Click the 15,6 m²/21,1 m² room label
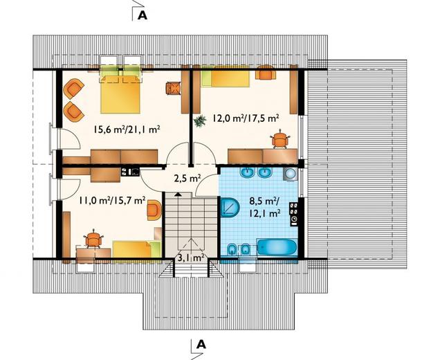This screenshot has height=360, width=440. click(127, 129)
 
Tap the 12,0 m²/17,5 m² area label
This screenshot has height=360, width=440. click(246, 118)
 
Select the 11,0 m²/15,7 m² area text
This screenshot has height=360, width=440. click(112, 200)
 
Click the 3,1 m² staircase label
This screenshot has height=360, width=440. click(191, 258)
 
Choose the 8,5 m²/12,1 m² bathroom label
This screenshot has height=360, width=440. click(265, 207)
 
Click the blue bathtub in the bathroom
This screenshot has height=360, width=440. click(277, 247)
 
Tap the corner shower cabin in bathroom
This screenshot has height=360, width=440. click(230, 208)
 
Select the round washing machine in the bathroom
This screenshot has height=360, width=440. click(290, 174)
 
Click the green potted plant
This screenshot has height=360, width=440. click(200, 121)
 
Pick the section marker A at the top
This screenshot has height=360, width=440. click(143, 16)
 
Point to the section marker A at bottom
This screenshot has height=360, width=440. click(201, 344)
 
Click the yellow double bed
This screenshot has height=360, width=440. click(120, 90)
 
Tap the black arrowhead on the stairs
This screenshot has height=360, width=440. click(178, 194)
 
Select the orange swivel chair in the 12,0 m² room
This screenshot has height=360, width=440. click(280, 138)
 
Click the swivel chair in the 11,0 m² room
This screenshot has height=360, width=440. click(93, 239)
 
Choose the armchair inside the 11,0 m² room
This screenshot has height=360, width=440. click(154, 210)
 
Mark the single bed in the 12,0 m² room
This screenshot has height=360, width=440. click(226, 78)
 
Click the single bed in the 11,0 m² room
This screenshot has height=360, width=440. click(137, 249)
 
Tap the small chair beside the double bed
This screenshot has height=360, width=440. click(172, 88)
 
